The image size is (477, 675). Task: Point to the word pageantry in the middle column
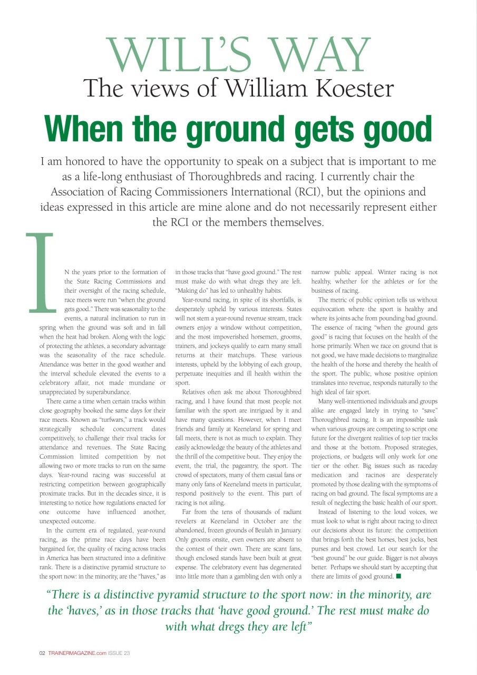coord(235,466)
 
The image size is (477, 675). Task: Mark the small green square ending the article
coord(398,576)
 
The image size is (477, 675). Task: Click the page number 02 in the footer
coord(42,653)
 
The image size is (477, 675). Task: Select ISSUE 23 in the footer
coord(119,653)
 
